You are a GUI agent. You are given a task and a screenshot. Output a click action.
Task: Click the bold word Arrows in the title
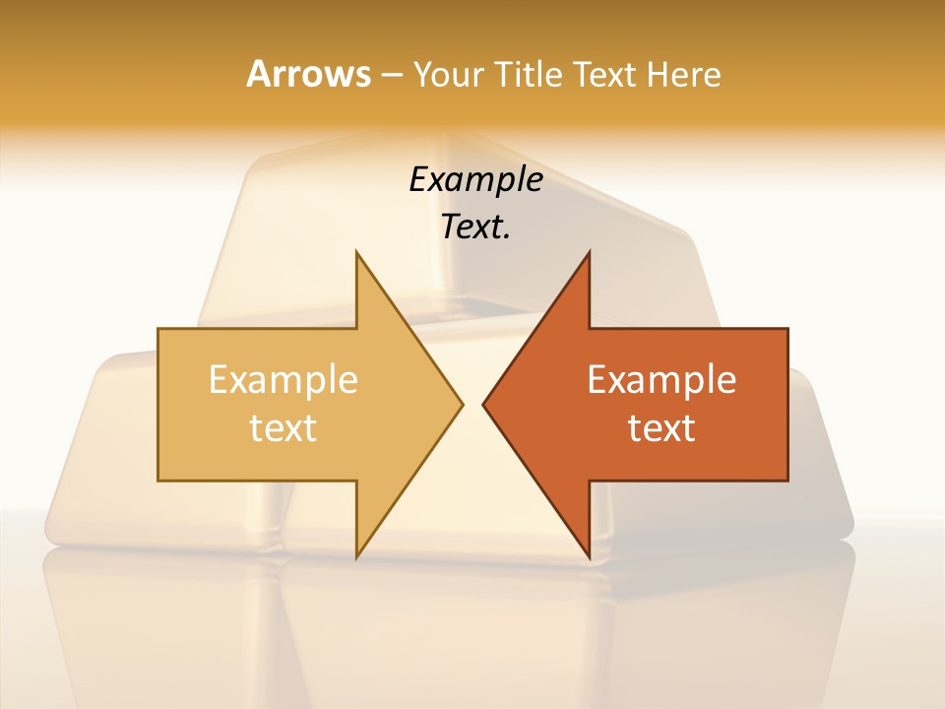pyautogui.click(x=308, y=74)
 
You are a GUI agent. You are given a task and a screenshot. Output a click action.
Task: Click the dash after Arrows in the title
pyautogui.click(x=391, y=75)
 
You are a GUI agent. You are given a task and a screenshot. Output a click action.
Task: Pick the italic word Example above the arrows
pyautogui.click(x=475, y=179)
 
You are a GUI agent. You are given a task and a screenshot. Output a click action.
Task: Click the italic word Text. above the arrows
pyautogui.click(x=475, y=226)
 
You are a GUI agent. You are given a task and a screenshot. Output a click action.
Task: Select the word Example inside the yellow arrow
pyautogui.click(x=283, y=379)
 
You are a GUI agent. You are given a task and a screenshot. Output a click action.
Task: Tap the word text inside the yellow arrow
pyautogui.click(x=283, y=427)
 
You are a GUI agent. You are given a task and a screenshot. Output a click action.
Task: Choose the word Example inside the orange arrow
pyautogui.click(x=661, y=379)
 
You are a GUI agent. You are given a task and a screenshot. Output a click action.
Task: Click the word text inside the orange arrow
pyautogui.click(x=661, y=427)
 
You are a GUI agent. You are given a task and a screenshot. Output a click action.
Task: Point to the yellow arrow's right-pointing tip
pyautogui.click(x=461, y=404)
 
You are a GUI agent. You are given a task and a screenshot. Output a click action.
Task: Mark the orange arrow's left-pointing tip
pyautogui.click(x=484, y=404)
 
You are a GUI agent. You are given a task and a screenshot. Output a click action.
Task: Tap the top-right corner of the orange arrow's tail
pyautogui.click(x=787, y=329)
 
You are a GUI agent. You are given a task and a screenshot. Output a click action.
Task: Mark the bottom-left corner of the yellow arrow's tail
pyautogui.click(x=158, y=481)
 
